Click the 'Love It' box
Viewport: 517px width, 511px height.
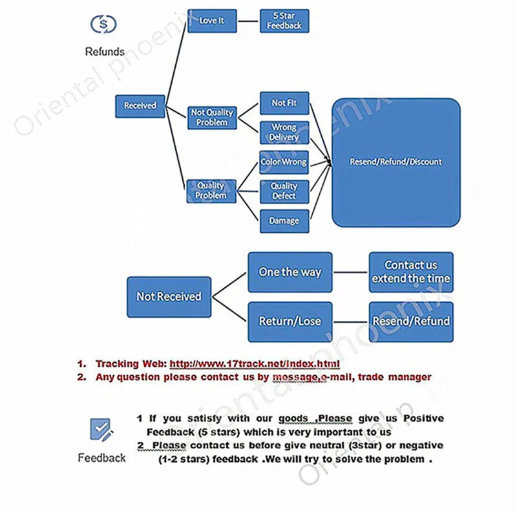[212, 20]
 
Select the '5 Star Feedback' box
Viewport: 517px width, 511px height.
[284, 21]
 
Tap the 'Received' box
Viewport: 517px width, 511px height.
[140, 106]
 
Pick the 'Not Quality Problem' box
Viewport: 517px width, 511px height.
[212, 117]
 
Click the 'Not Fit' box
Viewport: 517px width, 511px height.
[284, 103]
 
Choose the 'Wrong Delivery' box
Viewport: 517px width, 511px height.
[284, 133]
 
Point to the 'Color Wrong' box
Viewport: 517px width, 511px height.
[284, 162]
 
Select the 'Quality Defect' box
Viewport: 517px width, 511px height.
[284, 191]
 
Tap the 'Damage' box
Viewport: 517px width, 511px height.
[284, 221]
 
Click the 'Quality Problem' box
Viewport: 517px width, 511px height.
[211, 191]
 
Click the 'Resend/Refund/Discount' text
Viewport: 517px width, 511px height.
[396, 162]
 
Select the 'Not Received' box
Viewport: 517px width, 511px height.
[169, 297]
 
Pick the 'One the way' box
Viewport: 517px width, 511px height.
[290, 272]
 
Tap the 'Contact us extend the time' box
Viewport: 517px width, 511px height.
[411, 272]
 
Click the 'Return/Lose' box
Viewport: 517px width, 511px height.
[290, 321]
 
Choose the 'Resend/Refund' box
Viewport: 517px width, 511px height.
[411, 321]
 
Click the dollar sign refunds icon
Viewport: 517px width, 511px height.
[103, 24]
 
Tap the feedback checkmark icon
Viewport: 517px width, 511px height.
[101, 429]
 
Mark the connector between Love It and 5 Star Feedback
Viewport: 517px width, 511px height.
[248, 21]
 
